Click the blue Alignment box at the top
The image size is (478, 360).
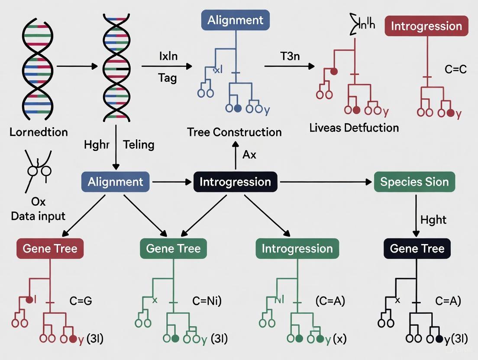click(235, 20)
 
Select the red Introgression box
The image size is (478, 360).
click(426, 26)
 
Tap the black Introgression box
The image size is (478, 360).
click(235, 182)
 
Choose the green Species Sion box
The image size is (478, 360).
click(414, 182)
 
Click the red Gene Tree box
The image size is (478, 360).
click(50, 248)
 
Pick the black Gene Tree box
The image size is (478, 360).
click(417, 248)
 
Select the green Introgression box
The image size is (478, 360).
click(297, 248)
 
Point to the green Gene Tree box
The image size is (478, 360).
click(173, 248)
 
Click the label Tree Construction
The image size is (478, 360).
click(234, 132)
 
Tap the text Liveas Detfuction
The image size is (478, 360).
click(354, 128)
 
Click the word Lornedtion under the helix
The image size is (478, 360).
click(39, 132)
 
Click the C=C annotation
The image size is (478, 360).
click(455, 69)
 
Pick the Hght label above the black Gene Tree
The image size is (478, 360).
click(433, 220)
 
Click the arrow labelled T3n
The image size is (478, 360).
click(289, 66)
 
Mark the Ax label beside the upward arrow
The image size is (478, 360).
click(249, 154)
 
